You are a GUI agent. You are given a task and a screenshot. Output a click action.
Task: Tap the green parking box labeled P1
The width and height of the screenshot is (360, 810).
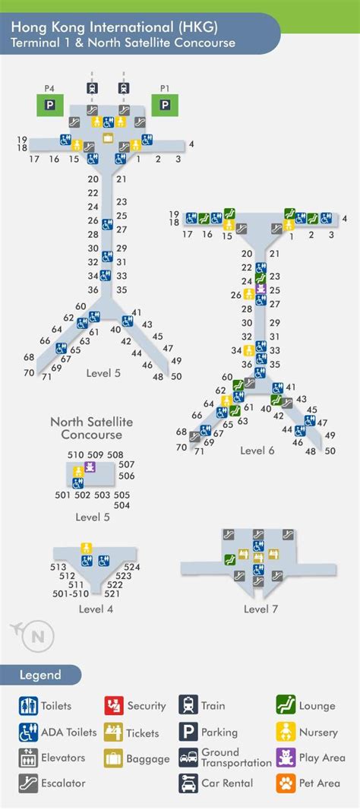point(165,105)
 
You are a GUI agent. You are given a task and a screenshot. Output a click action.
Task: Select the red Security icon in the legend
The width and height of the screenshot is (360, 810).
point(114,705)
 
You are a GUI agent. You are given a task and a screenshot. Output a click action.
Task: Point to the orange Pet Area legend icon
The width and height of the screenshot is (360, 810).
point(286,783)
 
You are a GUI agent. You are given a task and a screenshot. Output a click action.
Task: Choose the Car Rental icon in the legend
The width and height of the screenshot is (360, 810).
point(188,783)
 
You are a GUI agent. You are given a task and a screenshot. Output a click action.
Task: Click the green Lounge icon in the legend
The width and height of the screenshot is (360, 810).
point(286,705)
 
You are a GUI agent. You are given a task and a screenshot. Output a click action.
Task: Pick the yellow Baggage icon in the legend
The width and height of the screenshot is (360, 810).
point(114,758)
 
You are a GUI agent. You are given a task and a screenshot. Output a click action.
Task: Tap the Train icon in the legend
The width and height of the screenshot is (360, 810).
point(188,705)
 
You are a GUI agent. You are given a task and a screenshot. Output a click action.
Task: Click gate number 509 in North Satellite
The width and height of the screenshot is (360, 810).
point(95,455)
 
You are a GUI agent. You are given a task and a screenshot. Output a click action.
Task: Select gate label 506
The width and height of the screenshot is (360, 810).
point(126,476)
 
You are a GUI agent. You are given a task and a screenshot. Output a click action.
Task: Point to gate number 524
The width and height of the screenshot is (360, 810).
point(132,567)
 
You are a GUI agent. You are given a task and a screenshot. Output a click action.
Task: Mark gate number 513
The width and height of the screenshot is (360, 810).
point(58,567)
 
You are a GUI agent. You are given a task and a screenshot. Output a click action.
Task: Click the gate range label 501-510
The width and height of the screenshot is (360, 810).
point(71,593)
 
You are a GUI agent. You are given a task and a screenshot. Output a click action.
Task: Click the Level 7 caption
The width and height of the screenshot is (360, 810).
point(261,609)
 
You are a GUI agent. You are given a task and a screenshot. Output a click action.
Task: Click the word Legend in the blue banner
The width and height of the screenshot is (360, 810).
point(40,675)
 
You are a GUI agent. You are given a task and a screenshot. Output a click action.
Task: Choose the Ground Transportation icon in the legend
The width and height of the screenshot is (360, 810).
point(188,758)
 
